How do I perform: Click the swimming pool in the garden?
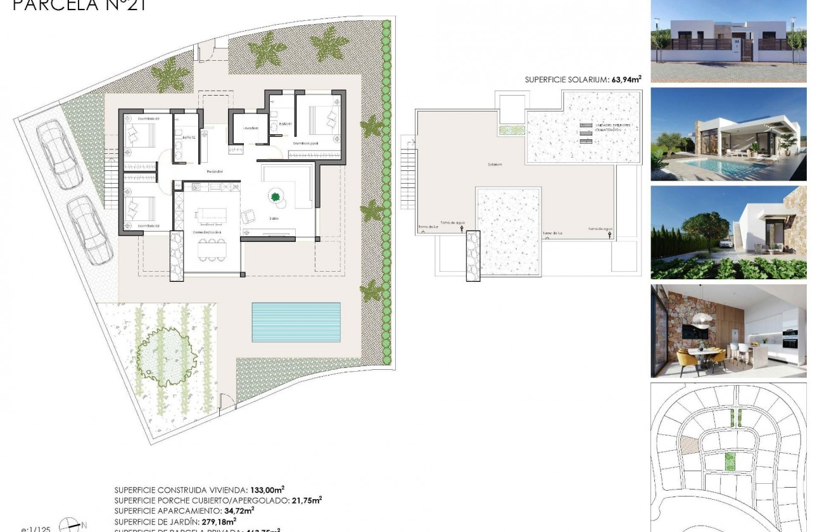click(296, 322)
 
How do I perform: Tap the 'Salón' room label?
click(274, 219)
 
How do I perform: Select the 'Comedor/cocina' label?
click(206, 232)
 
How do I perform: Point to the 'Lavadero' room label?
click(251, 128)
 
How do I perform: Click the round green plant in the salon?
click(276, 197)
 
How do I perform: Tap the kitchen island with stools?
click(211, 215)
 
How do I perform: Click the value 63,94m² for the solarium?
click(626, 79)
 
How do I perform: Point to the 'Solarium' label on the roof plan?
click(495, 164)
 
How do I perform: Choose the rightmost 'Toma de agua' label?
click(600, 229)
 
